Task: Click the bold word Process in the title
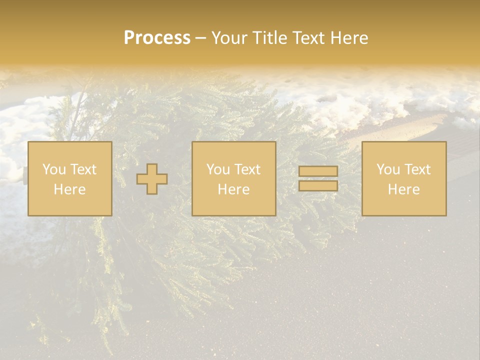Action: coord(157,38)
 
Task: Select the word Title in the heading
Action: coord(268,38)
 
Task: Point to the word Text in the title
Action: coord(308,38)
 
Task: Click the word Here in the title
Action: coord(349,38)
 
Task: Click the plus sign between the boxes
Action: coord(152,179)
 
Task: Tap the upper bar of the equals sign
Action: coord(318,171)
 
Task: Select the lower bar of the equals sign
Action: coord(318,186)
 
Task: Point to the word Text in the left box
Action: coord(83,169)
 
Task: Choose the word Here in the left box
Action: coord(69,189)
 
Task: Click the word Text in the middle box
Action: coord(247,169)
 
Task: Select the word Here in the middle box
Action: coord(233,189)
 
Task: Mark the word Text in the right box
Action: coord(417,169)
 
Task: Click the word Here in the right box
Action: coord(403,189)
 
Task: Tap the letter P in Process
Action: coord(129,38)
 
